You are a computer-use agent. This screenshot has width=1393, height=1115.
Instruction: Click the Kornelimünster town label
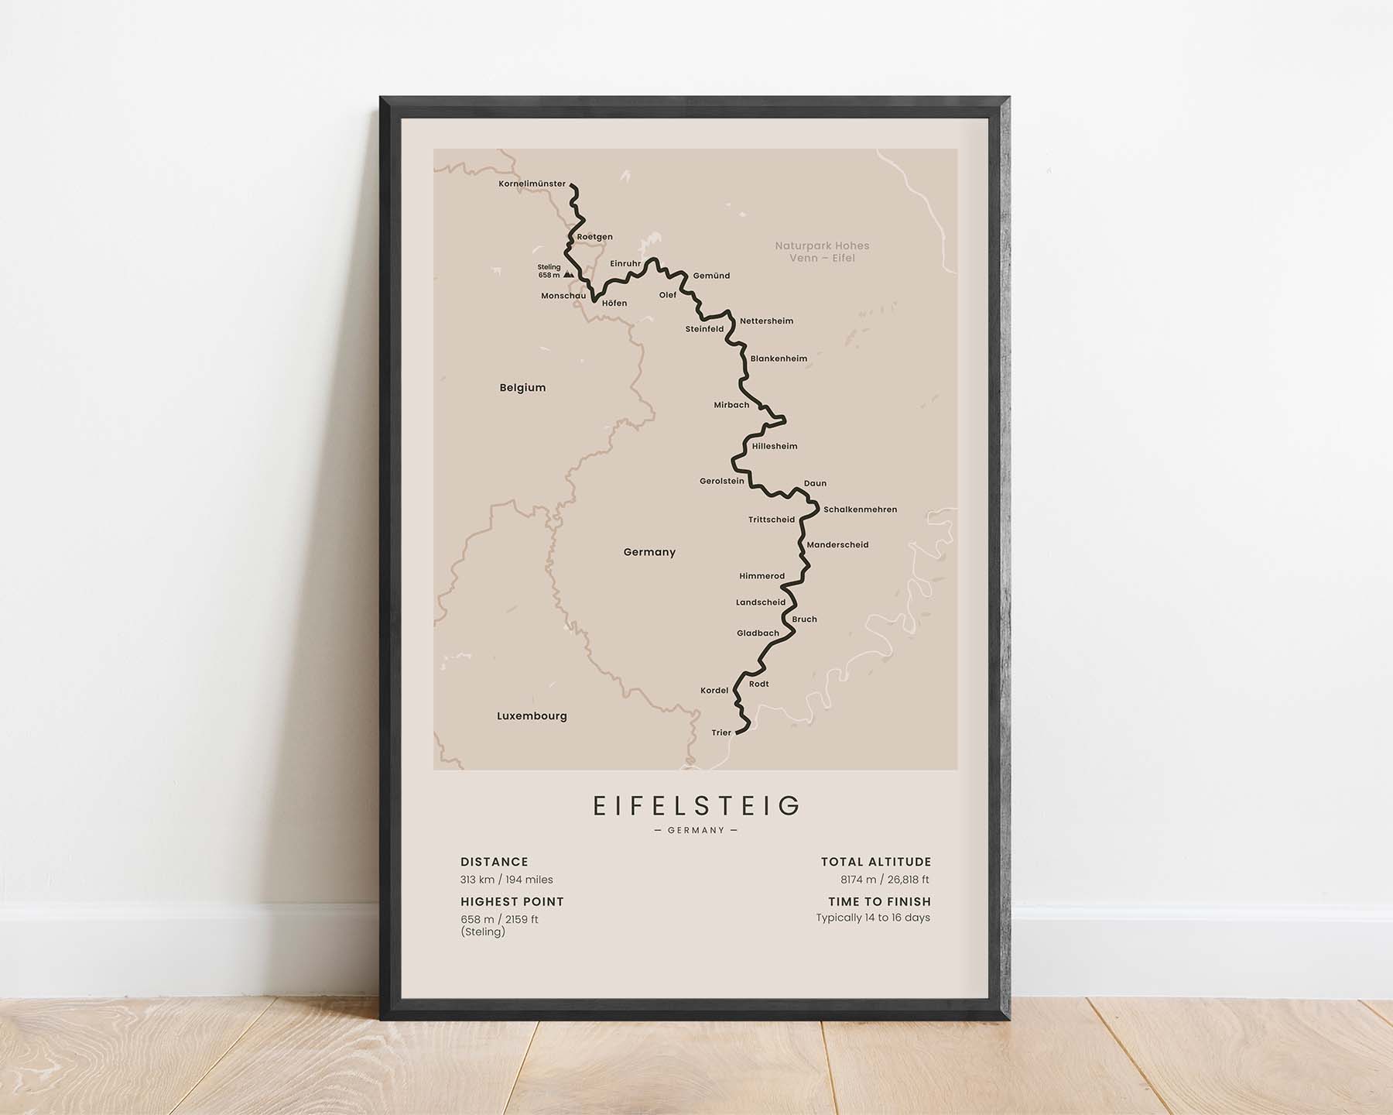pyautogui.click(x=532, y=184)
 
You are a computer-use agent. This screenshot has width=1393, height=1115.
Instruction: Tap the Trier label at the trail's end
pyautogui.click(x=721, y=732)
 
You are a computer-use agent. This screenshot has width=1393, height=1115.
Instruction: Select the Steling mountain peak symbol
pyautogui.click(x=569, y=274)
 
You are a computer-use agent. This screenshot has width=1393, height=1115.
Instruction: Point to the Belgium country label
pyautogui.click(x=522, y=388)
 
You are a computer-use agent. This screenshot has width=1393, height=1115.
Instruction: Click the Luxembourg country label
pyautogui.click(x=532, y=716)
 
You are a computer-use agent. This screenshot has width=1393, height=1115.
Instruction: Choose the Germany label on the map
pyautogui.click(x=649, y=552)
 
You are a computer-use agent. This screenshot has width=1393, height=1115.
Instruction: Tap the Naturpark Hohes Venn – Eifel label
pyautogui.click(x=822, y=252)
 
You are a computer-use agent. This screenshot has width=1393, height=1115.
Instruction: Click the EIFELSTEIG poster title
pyautogui.click(x=696, y=806)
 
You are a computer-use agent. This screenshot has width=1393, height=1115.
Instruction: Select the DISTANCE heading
pyautogui.click(x=494, y=862)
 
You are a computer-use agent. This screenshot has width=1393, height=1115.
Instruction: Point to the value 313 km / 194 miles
pyautogui.click(x=506, y=880)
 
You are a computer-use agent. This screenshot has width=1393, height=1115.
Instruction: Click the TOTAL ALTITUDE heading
pyautogui.click(x=875, y=862)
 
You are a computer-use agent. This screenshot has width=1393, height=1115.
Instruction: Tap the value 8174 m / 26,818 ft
pyautogui.click(x=885, y=880)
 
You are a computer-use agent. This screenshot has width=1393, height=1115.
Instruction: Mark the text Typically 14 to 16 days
pyautogui.click(x=873, y=918)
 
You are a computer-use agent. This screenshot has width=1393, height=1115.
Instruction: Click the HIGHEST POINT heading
pyautogui.click(x=512, y=901)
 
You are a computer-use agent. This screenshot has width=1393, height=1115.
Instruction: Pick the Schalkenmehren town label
pyautogui.click(x=860, y=509)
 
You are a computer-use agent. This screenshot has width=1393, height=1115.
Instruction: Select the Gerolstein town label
pyautogui.click(x=721, y=481)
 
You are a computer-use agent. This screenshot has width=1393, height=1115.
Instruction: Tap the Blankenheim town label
pyautogui.click(x=779, y=359)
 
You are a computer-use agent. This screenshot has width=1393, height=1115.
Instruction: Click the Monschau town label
pyautogui.click(x=563, y=296)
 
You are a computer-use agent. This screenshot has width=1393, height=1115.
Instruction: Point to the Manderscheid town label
pyautogui.click(x=837, y=545)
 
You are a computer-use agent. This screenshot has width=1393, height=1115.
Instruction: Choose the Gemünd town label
pyautogui.click(x=711, y=276)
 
